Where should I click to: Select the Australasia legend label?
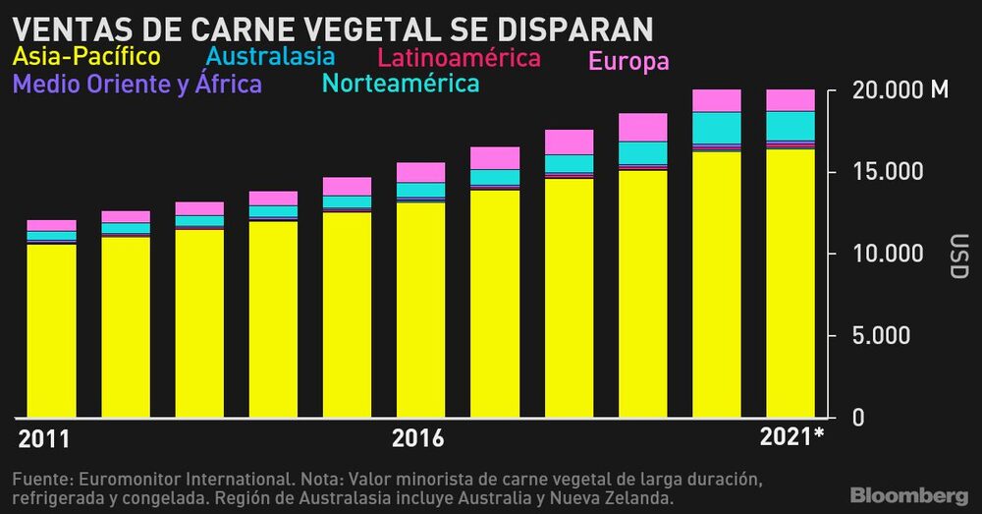click(272, 56)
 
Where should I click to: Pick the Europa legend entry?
click(628, 61)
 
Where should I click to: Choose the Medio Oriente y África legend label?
click(136, 84)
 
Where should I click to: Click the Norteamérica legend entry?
click(401, 84)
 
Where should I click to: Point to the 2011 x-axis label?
click(45, 438)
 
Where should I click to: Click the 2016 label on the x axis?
click(418, 438)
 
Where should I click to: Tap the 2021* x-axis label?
click(791, 437)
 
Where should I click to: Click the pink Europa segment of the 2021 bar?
click(791, 100)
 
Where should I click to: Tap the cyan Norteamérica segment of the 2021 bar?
click(791, 126)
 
